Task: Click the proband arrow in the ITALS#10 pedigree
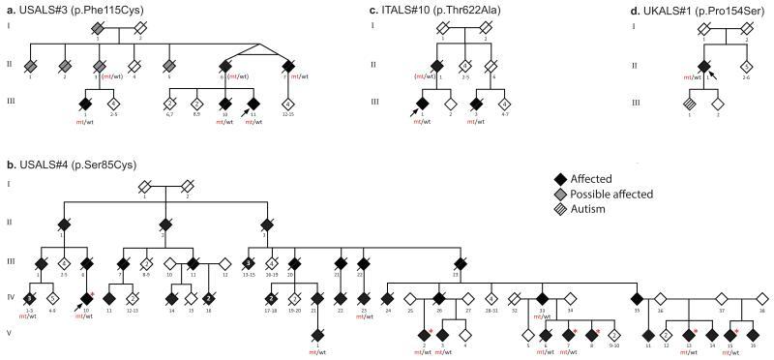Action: [412, 112]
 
